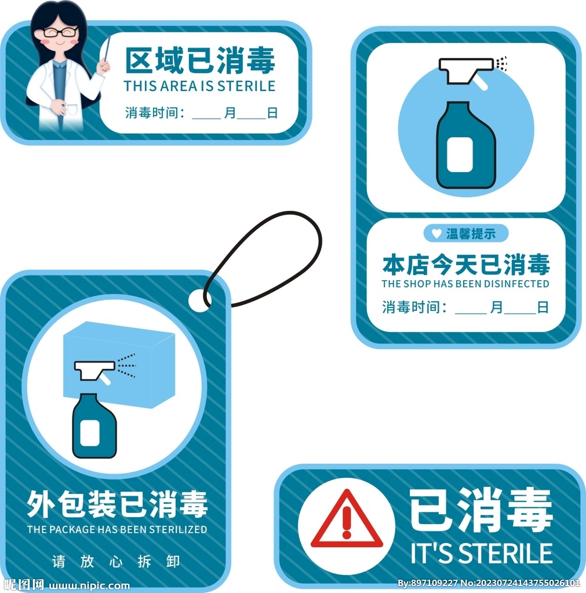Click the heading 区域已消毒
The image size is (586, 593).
(x=200, y=61)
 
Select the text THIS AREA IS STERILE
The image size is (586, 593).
(x=199, y=86)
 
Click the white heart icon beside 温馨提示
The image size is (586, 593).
(x=436, y=234)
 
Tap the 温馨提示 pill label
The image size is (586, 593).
(x=466, y=234)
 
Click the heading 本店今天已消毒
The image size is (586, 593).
(x=465, y=265)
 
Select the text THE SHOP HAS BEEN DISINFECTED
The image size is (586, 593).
(x=465, y=284)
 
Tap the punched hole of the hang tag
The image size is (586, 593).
(x=197, y=300)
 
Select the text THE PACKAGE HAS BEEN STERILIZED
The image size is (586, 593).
(x=117, y=529)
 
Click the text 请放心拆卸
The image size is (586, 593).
(x=116, y=561)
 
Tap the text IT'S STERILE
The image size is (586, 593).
(x=482, y=553)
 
